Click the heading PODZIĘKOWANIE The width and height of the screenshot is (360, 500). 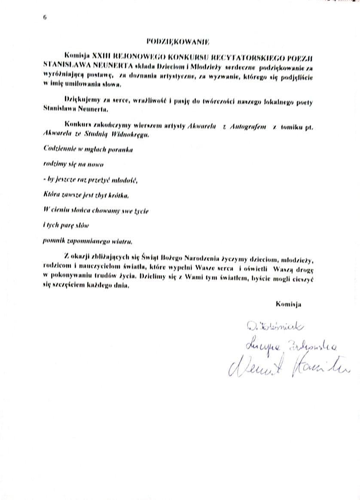pos(177,42)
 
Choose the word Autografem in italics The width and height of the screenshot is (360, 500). pos(248,126)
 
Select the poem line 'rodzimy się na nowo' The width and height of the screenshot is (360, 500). pos(73,164)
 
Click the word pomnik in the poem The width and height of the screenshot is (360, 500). pos(54,241)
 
